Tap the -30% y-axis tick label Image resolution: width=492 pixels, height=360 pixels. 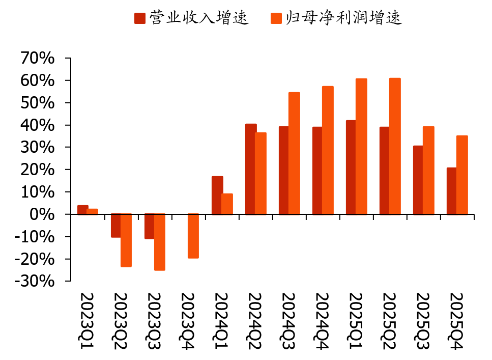click(35, 281)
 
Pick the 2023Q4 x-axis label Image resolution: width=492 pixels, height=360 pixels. click(187, 321)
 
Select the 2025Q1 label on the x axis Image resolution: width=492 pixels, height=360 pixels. click(355, 321)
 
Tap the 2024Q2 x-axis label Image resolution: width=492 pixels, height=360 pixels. click(254, 321)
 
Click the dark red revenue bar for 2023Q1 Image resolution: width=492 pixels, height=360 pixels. click(82, 210)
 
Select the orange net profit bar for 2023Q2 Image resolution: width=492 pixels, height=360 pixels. click(126, 240)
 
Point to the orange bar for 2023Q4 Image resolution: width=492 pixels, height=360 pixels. click(193, 236)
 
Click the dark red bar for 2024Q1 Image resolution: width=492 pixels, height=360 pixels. click(217, 196)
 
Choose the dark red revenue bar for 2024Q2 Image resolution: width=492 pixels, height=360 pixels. click(251, 169)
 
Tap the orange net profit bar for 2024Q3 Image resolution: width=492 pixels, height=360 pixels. click(294, 153)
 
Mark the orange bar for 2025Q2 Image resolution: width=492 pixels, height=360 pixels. click(395, 146)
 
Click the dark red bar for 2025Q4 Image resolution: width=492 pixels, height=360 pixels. click(451, 191)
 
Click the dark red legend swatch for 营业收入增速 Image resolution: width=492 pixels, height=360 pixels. click(140, 18)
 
